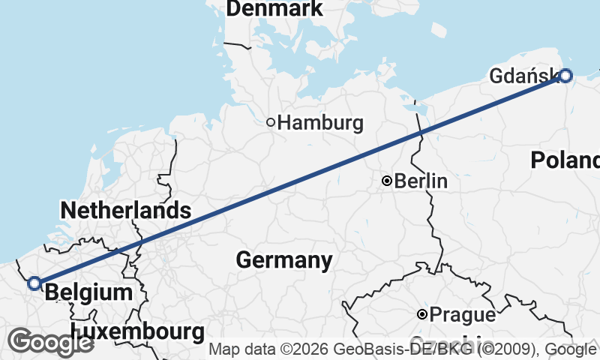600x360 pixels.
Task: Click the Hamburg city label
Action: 320,123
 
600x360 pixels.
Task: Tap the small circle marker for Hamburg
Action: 271,122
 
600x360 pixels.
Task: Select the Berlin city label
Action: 421,181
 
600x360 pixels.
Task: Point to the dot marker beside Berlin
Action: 387,181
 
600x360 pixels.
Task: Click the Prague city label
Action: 463,315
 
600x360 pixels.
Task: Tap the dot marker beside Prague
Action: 423,314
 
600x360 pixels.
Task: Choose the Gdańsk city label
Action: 523,76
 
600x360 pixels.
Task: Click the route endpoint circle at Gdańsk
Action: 565,75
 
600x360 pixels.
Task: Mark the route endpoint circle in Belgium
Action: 34,283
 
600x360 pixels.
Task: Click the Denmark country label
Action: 274,9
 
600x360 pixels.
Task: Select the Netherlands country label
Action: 125,210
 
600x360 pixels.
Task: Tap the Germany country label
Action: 283,260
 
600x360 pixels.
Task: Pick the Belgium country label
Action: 88,292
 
